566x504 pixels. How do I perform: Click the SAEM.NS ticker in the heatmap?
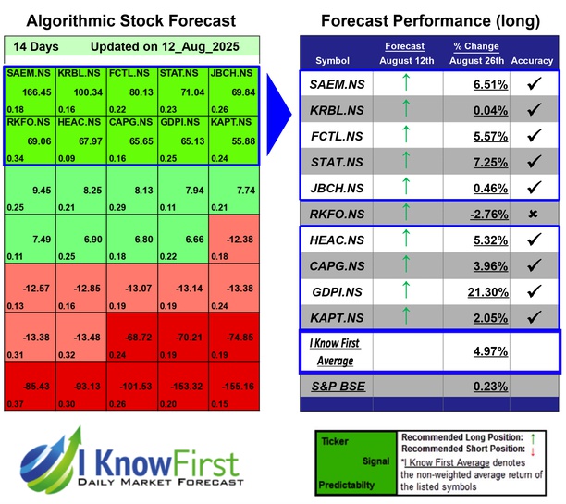[x=28, y=73]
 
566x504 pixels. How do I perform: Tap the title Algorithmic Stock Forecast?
[x=130, y=20]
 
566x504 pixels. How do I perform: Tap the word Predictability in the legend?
[x=346, y=483]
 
